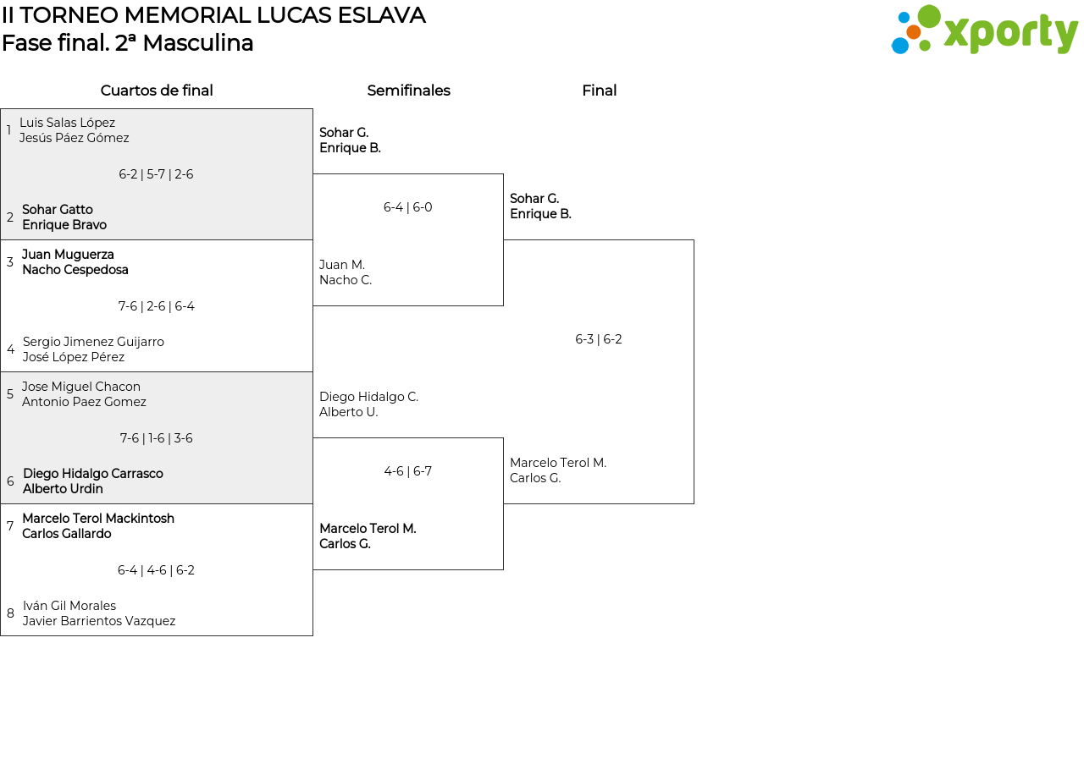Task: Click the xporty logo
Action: tap(984, 30)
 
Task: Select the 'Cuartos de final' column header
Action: tap(157, 91)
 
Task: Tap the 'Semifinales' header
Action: tap(408, 91)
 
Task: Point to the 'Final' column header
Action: tap(599, 91)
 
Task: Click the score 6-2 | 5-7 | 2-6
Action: tap(156, 174)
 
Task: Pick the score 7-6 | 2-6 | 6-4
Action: tap(157, 306)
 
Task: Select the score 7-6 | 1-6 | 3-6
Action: tap(157, 438)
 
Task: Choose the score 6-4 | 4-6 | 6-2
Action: tap(157, 570)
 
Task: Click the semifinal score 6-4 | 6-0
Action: tap(408, 207)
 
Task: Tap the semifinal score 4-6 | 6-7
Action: tap(408, 471)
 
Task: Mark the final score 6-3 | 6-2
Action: tap(599, 339)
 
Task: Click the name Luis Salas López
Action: tap(67, 123)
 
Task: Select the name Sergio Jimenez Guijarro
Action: tap(93, 342)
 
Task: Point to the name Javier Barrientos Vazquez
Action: tap(99, 621)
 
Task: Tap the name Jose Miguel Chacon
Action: tap(81, 387)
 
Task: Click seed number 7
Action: tap(10, 526)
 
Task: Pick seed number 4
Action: tap(10, 349)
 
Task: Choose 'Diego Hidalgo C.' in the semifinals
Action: tap(368, 397)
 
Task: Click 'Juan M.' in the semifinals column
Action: tap(342, 265)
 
